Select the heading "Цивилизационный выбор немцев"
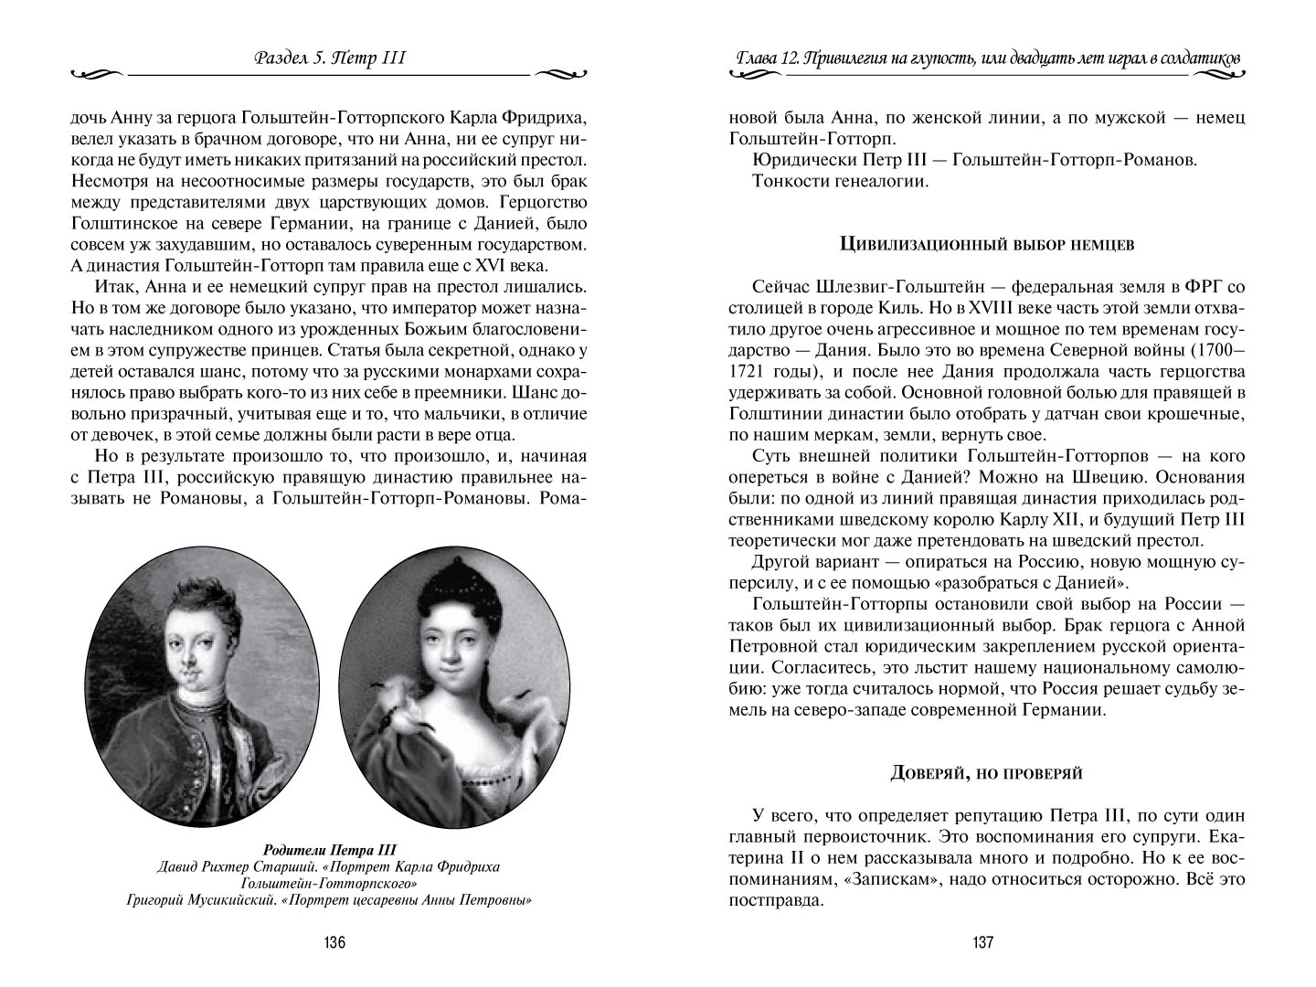987,244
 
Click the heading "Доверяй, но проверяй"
987,773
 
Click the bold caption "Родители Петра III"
329,848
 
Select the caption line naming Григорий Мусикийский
329,900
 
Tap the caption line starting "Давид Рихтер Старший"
329,865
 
